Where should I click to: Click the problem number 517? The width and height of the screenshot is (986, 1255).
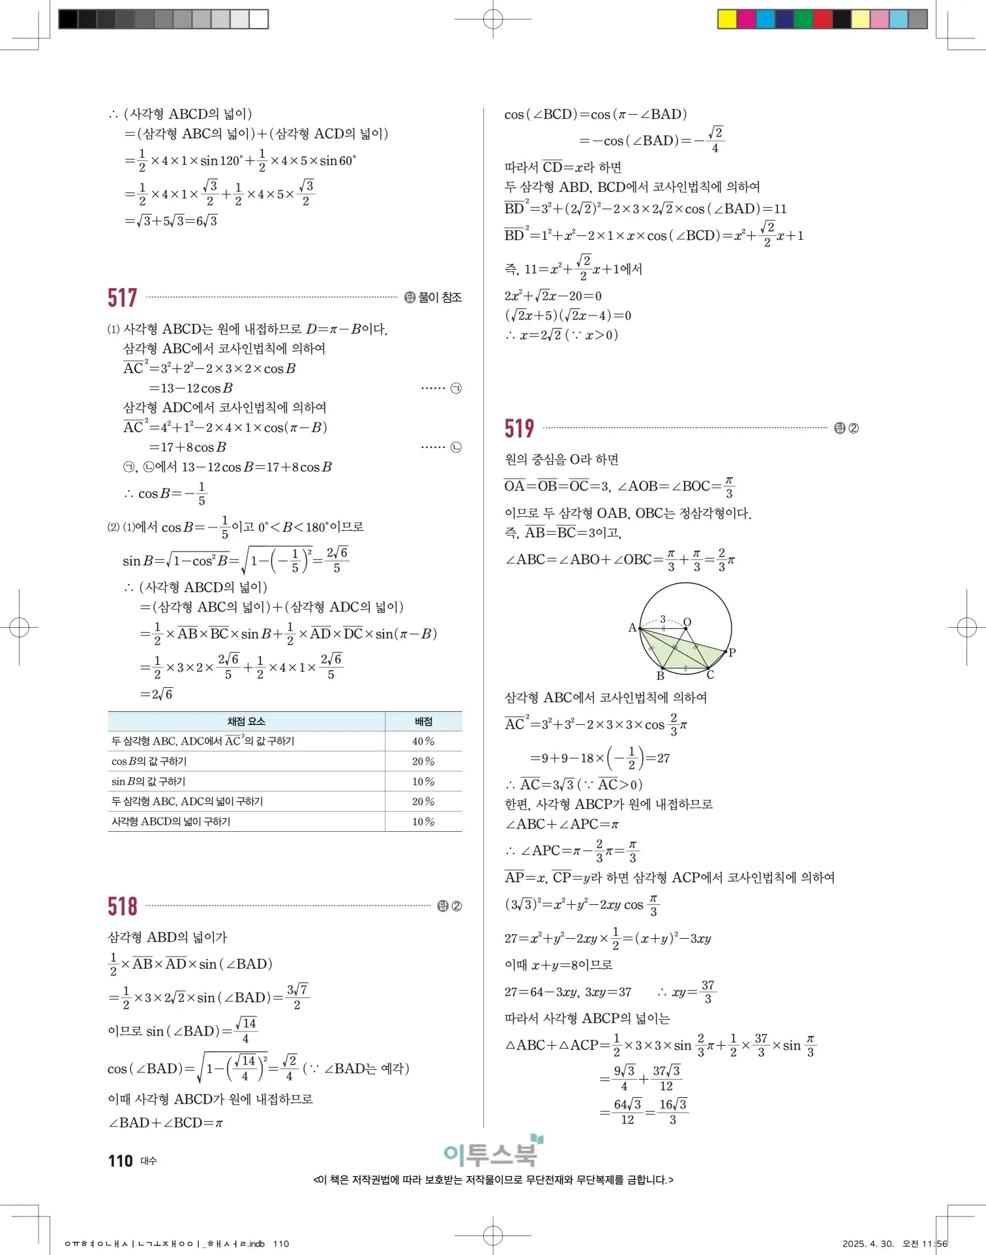tap(122, 298)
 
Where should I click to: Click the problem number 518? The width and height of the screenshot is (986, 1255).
tap(122, 906)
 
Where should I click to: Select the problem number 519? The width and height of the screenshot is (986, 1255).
tap(519, 428)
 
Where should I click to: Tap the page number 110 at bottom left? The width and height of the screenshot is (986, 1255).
tap(121, 1161)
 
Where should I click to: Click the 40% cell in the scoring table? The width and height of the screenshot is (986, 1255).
tap(423, 741)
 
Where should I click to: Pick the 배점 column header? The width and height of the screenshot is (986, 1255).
tap(423, 721)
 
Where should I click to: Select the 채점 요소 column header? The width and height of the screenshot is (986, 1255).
tap(246, 721)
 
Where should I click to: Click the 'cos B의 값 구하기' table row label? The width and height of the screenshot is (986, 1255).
tap(149, 761)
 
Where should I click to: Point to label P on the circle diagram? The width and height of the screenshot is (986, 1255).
tap(732, 652)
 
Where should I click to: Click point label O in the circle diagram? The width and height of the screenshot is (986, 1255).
tap(687, 622)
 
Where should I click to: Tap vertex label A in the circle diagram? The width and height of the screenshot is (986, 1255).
tap(632, 628)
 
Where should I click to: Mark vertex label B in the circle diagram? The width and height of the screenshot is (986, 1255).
tap(660, 676)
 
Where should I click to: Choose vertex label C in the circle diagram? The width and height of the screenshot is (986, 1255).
tap(710, 675)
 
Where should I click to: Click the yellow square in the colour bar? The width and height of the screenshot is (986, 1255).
tap(727, 19)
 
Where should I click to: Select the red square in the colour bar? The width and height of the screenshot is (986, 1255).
tap(822, 19)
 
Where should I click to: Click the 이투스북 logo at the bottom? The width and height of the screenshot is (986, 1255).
tap(492, 1153)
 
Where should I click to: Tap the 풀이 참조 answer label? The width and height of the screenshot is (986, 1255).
tap(440, 297)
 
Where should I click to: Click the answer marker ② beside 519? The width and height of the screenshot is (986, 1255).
tap(853, 428)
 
